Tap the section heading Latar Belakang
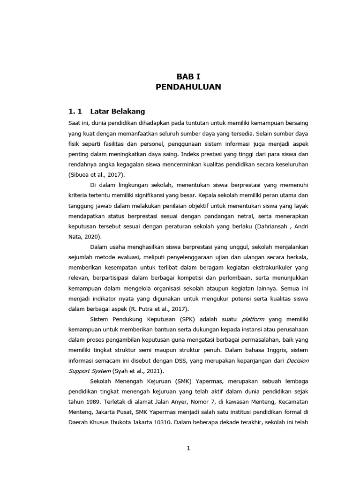118,112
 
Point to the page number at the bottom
188,448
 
